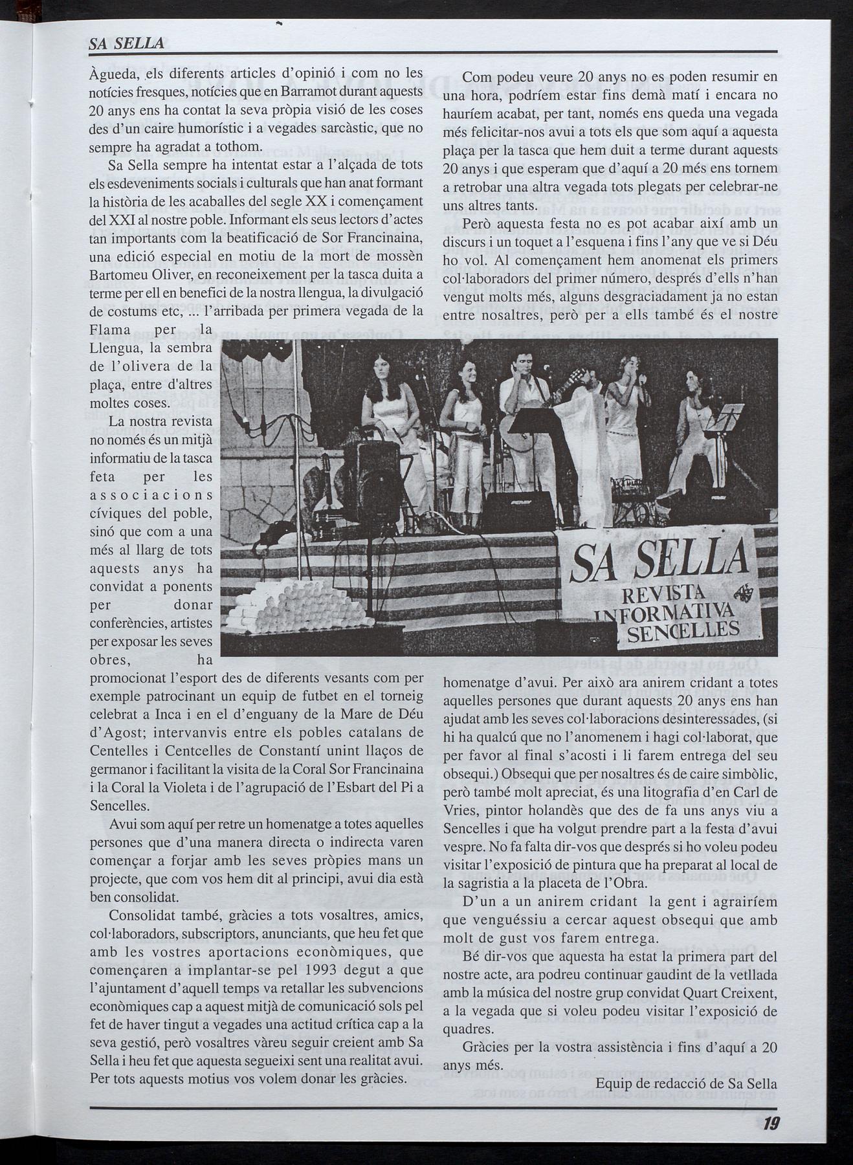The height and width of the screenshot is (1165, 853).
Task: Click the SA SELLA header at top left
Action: [x=126, y=45]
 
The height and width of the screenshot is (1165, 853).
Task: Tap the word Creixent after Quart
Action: [x=746, y=993]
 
